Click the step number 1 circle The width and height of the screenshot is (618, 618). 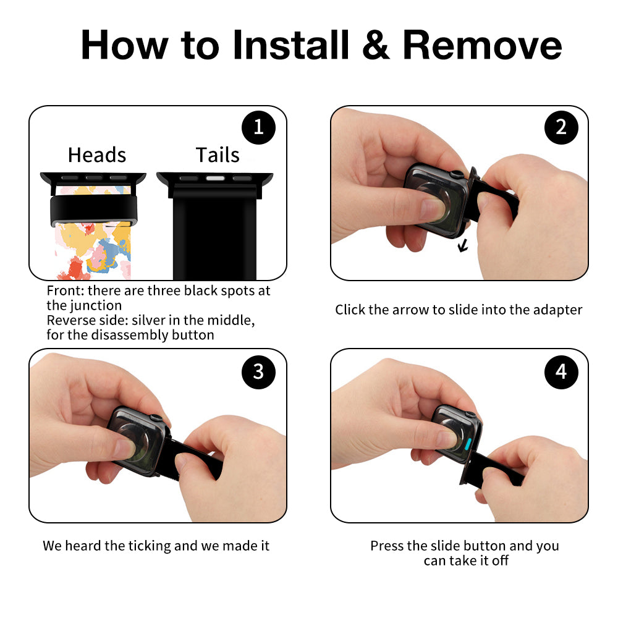(258, 127)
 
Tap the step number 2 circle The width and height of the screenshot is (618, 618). (561, 127)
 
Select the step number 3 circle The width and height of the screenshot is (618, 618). (258, 371)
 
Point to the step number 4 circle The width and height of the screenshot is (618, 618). (561, 371)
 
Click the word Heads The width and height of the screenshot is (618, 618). (97, 155)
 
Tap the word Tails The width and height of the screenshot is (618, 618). (218, 155)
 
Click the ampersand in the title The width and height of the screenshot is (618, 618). (376, 45)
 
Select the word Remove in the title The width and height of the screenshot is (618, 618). (482, 45)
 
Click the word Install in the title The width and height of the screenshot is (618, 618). (291, 44)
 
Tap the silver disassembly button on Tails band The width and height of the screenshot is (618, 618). (215, 179)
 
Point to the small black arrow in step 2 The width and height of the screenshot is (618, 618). (463, 246)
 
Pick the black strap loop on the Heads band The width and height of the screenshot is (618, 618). (94, 210)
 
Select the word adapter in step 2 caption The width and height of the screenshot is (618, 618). (557, 310)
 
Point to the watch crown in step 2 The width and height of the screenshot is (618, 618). (457, 174)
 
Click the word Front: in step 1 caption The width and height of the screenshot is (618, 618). (66, 291)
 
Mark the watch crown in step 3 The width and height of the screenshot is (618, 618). (156, 418)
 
